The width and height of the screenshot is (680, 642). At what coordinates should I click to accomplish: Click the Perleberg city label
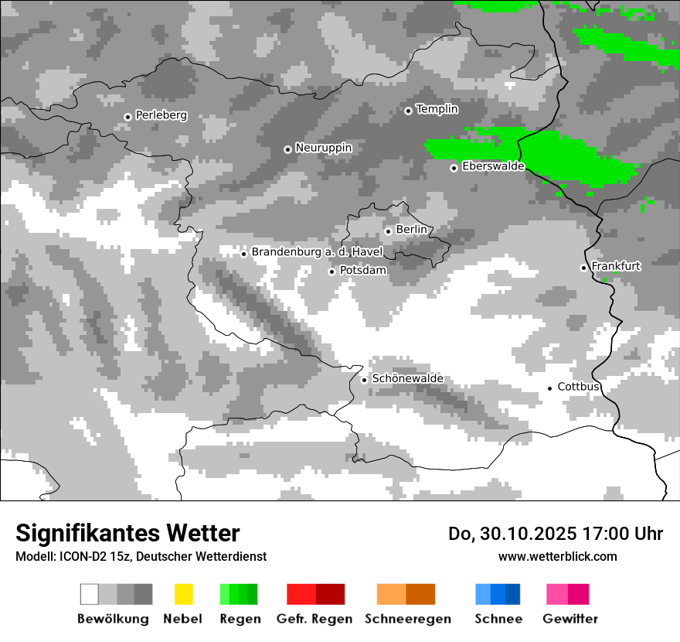tap(161, 115)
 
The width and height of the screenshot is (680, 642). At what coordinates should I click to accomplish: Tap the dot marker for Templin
tap(408, 111)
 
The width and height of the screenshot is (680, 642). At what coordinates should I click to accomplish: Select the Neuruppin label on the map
tap(323, 148)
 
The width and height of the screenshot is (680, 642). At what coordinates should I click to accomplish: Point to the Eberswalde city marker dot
tap(454, 168)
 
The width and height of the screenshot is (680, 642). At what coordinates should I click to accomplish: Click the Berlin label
tap(411, 230)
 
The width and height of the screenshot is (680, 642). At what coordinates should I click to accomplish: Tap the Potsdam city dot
tap(331, 271)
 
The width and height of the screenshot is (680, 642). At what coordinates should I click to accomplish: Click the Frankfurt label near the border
tap(616, 266)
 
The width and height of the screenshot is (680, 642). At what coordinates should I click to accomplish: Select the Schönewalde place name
tap(407, 379)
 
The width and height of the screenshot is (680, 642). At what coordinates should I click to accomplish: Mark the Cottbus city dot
tap(549, 388)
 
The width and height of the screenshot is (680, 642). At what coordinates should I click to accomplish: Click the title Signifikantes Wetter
tap(127, 534)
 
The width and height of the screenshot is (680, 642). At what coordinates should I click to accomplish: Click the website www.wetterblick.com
tap(557, 556)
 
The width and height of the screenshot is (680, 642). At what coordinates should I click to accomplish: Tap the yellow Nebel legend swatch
tap(183, 594)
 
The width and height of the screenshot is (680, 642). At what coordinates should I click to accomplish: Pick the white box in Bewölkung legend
tap(89, 594)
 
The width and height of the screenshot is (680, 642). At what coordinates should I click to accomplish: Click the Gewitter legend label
tap(570, 619)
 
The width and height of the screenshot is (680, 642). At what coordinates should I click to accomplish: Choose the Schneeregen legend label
tap(407, 619)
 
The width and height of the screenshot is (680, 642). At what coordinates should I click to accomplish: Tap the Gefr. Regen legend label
tap(314, 619)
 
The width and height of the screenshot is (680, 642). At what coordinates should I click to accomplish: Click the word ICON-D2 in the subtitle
tap(80, 556)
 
